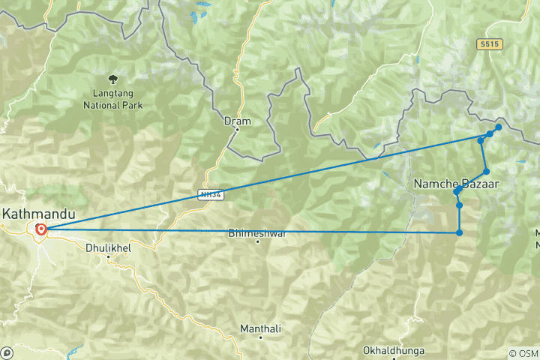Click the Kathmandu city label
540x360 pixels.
[x=39, y=214]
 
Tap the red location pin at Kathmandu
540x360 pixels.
[x=40, y=229]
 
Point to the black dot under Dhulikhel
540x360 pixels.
[x=109, y=256]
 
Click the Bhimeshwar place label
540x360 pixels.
[x=257, y=233]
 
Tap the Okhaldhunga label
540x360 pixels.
[x=393, y=350]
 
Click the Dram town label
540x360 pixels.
[x=237, y=120]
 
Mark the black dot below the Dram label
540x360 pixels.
[x=237, y=129]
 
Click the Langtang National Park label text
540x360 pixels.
[x=113, y=100]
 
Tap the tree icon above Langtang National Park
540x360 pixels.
[x=113, y=78]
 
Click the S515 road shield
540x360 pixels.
[x=488, y=45]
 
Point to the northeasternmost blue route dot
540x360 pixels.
[x=498, y=127]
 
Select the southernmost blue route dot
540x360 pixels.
[x=459, y=232]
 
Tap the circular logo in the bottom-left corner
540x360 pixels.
[x=7, y=352]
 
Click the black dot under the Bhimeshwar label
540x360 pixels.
[x=257, y=241]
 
